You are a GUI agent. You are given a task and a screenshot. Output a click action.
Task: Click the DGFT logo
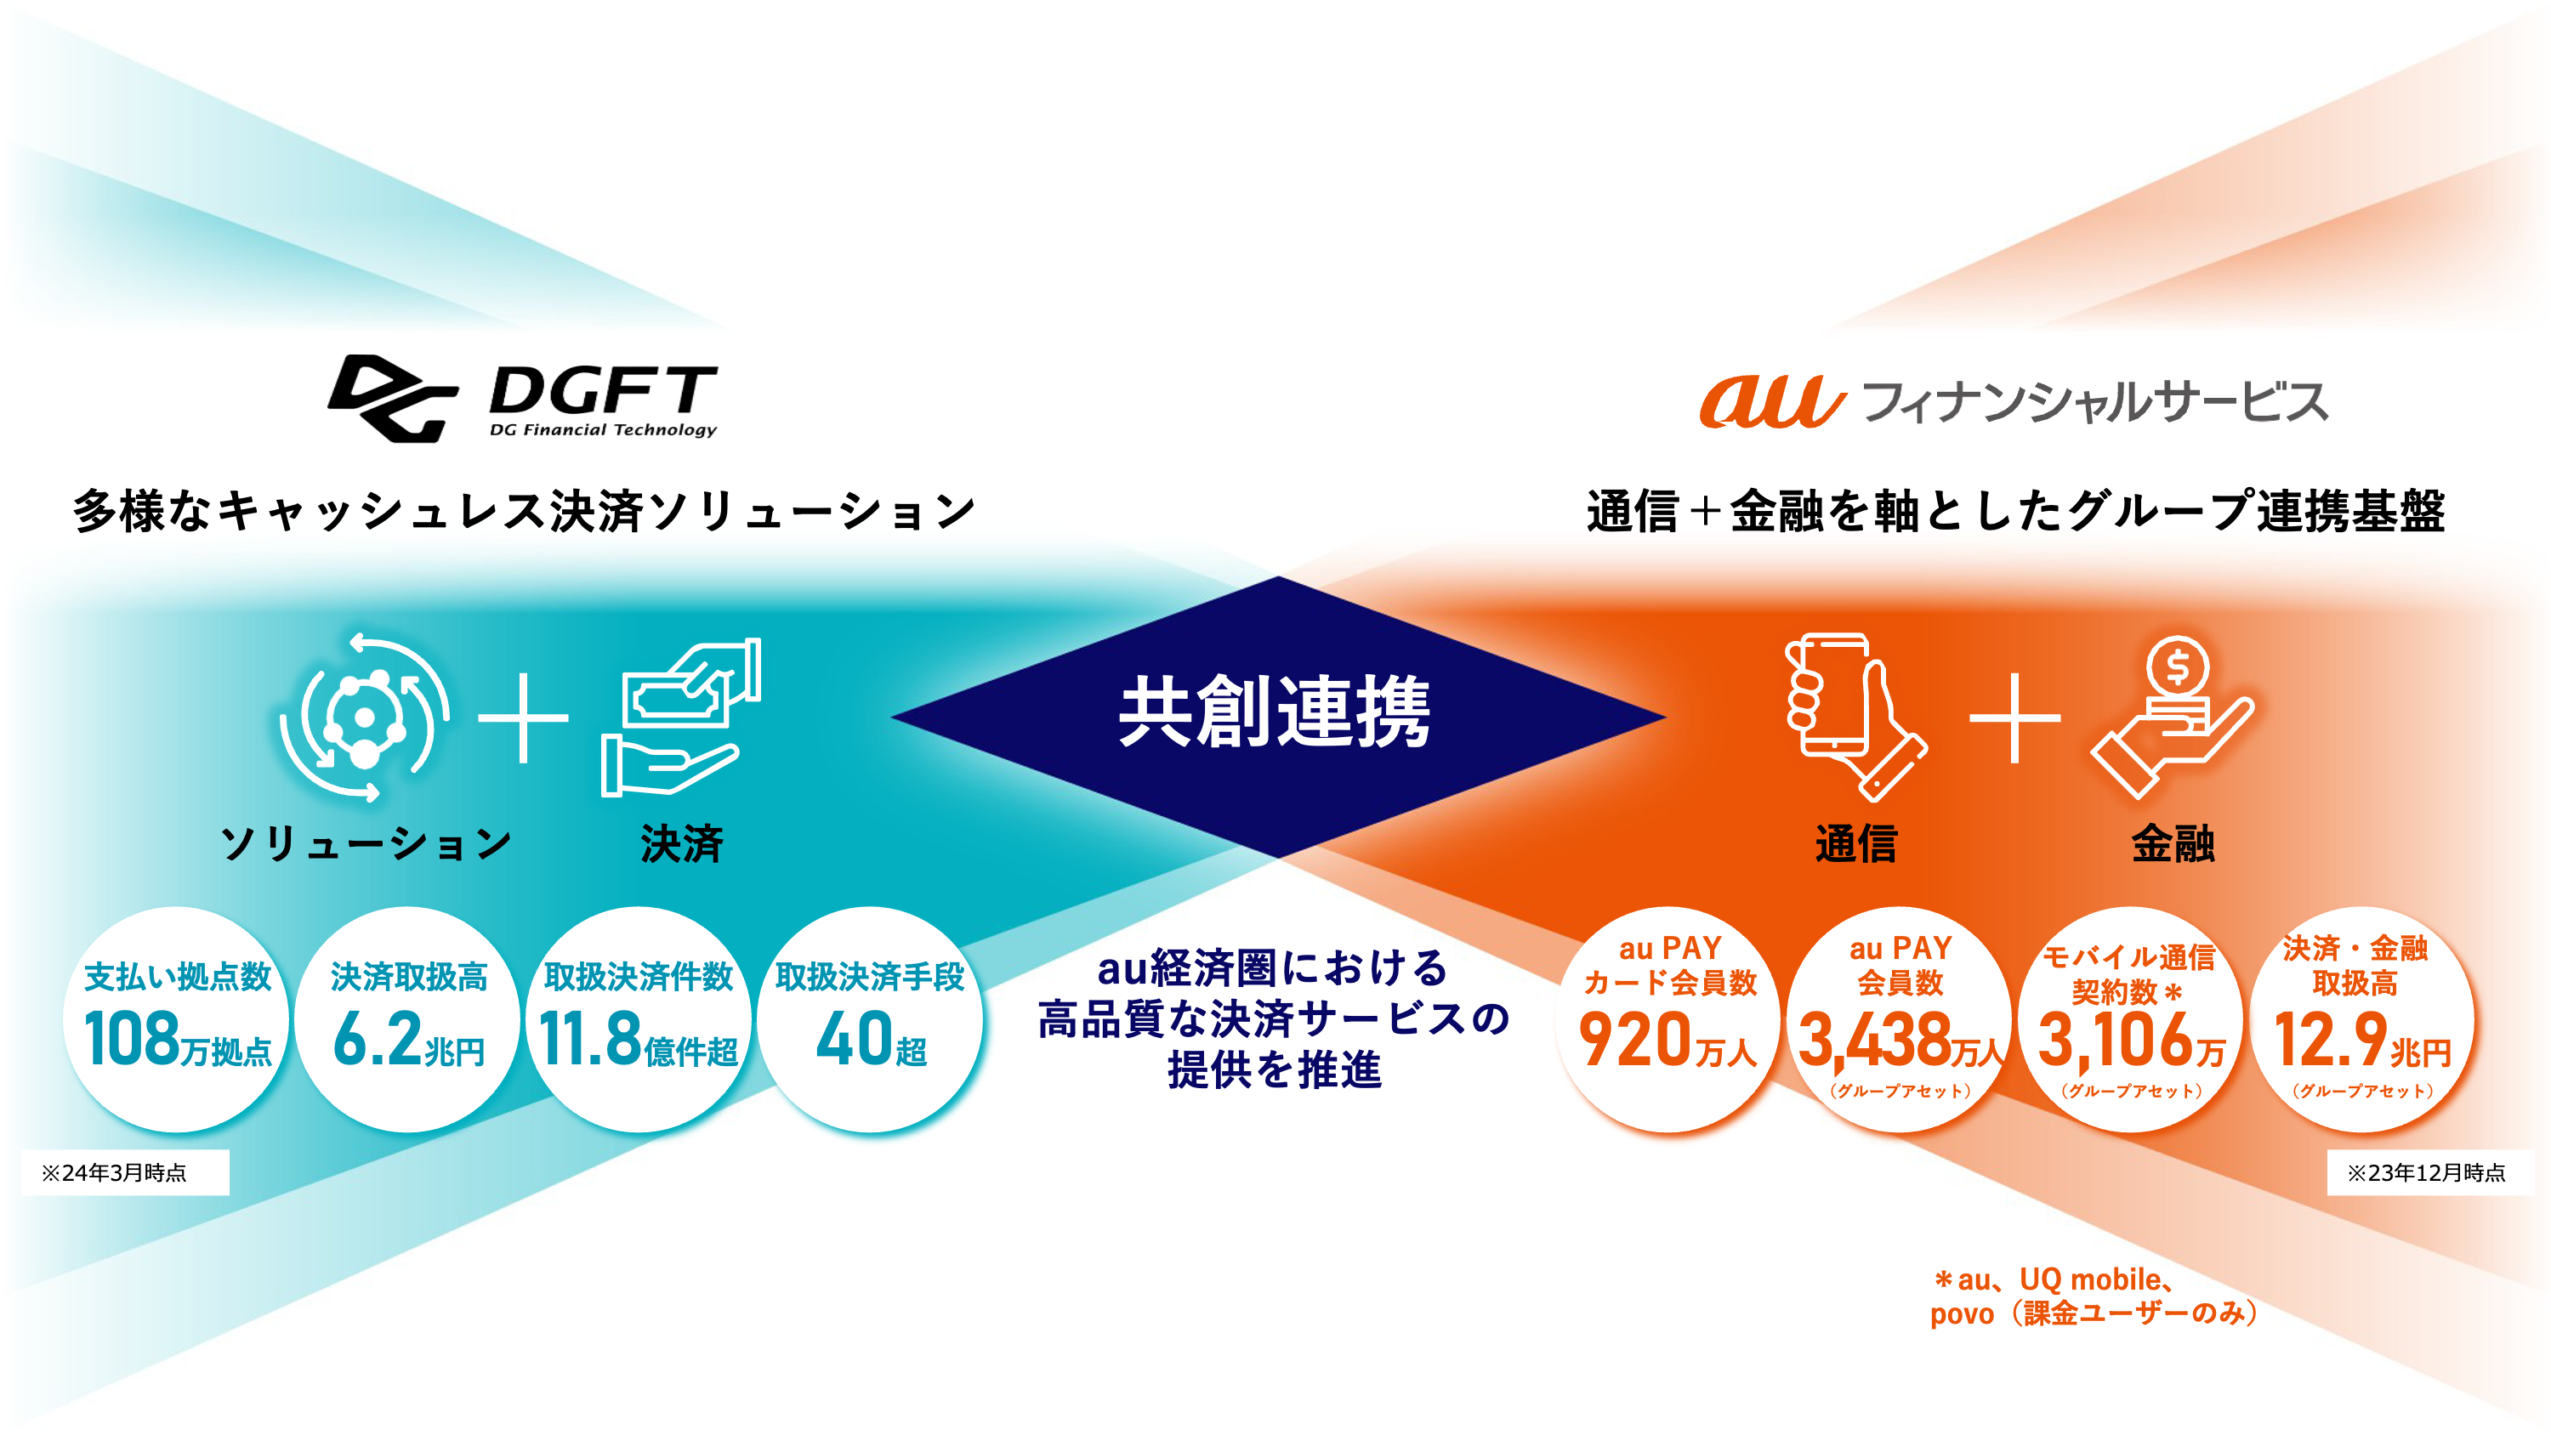click(x=522, y=398)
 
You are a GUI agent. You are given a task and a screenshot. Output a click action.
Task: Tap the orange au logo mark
click(x=1771, y=402)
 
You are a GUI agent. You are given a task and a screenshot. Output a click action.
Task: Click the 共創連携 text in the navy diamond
click(x=1275, y=712)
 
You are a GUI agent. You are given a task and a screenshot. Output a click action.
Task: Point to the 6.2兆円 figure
click(x=409, y=1040)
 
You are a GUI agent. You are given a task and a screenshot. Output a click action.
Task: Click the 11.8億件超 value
click(x=639, y=1040)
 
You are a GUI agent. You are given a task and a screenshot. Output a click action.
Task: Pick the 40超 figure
click(x=871, y=1040)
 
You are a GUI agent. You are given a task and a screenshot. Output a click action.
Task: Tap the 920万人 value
click(x=1668, y=1040)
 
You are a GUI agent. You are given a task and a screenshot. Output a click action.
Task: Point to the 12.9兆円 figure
click(x=2362, y=1040)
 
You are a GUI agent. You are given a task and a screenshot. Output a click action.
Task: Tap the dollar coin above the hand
click(x=2177, y=666)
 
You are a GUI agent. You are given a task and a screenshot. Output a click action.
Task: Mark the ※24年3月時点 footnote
click(x=114, y=1173)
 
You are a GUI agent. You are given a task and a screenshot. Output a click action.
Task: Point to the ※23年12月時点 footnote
click(x=2425, y=1173)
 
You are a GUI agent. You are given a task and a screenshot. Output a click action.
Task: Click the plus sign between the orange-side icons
click(x=2014, y=719)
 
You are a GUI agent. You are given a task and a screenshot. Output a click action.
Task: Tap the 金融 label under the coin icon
click(x=2173, y=844)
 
